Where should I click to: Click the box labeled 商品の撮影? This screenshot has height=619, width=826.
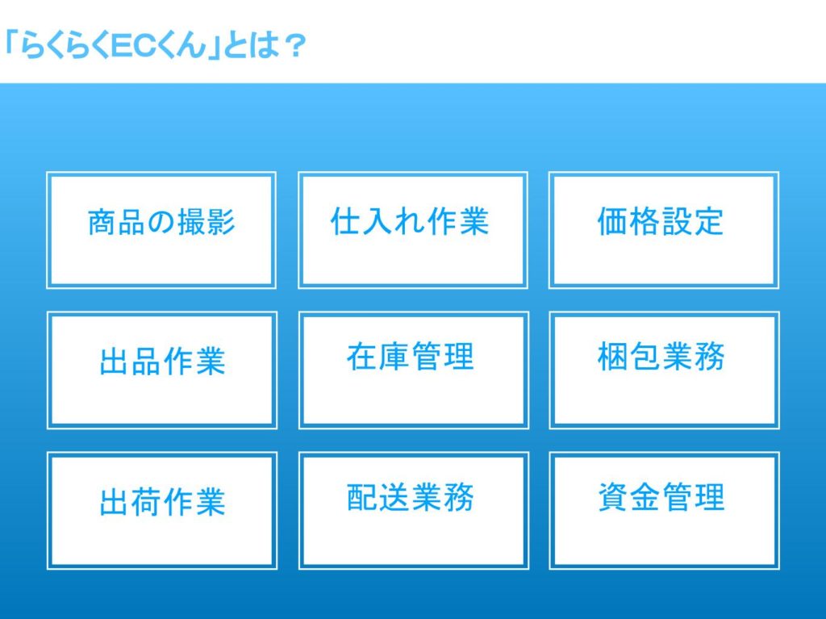(161, 230)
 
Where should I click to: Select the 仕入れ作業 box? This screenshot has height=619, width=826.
(413, 230)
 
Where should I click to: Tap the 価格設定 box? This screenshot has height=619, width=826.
(664, 230)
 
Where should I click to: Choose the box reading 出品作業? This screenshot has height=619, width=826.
(161, 370)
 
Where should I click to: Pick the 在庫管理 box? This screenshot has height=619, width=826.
(414, 370)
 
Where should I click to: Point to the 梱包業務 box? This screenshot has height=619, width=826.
(665, 370)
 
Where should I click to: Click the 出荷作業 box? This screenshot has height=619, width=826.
(161, 510)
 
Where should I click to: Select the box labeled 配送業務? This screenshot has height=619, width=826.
(414, 510)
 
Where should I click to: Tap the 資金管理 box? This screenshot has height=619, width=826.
(665, 510)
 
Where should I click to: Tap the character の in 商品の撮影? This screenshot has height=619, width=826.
(161, 222)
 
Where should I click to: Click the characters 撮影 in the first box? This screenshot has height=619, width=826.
(206, 221)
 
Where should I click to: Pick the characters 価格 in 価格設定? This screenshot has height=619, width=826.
(628, 221)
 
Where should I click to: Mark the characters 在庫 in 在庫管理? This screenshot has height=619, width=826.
(378, 357)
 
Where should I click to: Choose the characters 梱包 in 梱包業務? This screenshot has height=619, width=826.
(629, 357)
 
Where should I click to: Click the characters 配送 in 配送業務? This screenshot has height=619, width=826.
(378, 496)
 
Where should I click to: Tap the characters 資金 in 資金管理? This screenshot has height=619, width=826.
(629, 496)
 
